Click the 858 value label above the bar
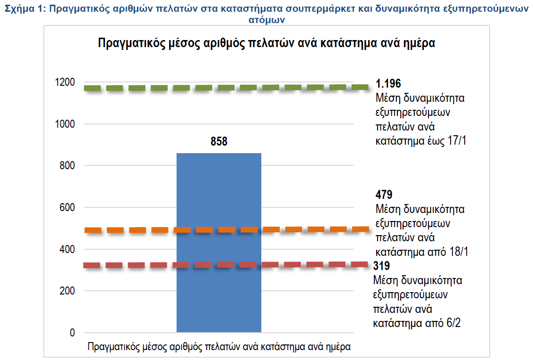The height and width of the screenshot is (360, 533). tap(219, 141)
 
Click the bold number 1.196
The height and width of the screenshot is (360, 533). tap(388, 84)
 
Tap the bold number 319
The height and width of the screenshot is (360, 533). tap(381, 266)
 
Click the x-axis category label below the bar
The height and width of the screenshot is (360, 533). tap(219, 347)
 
